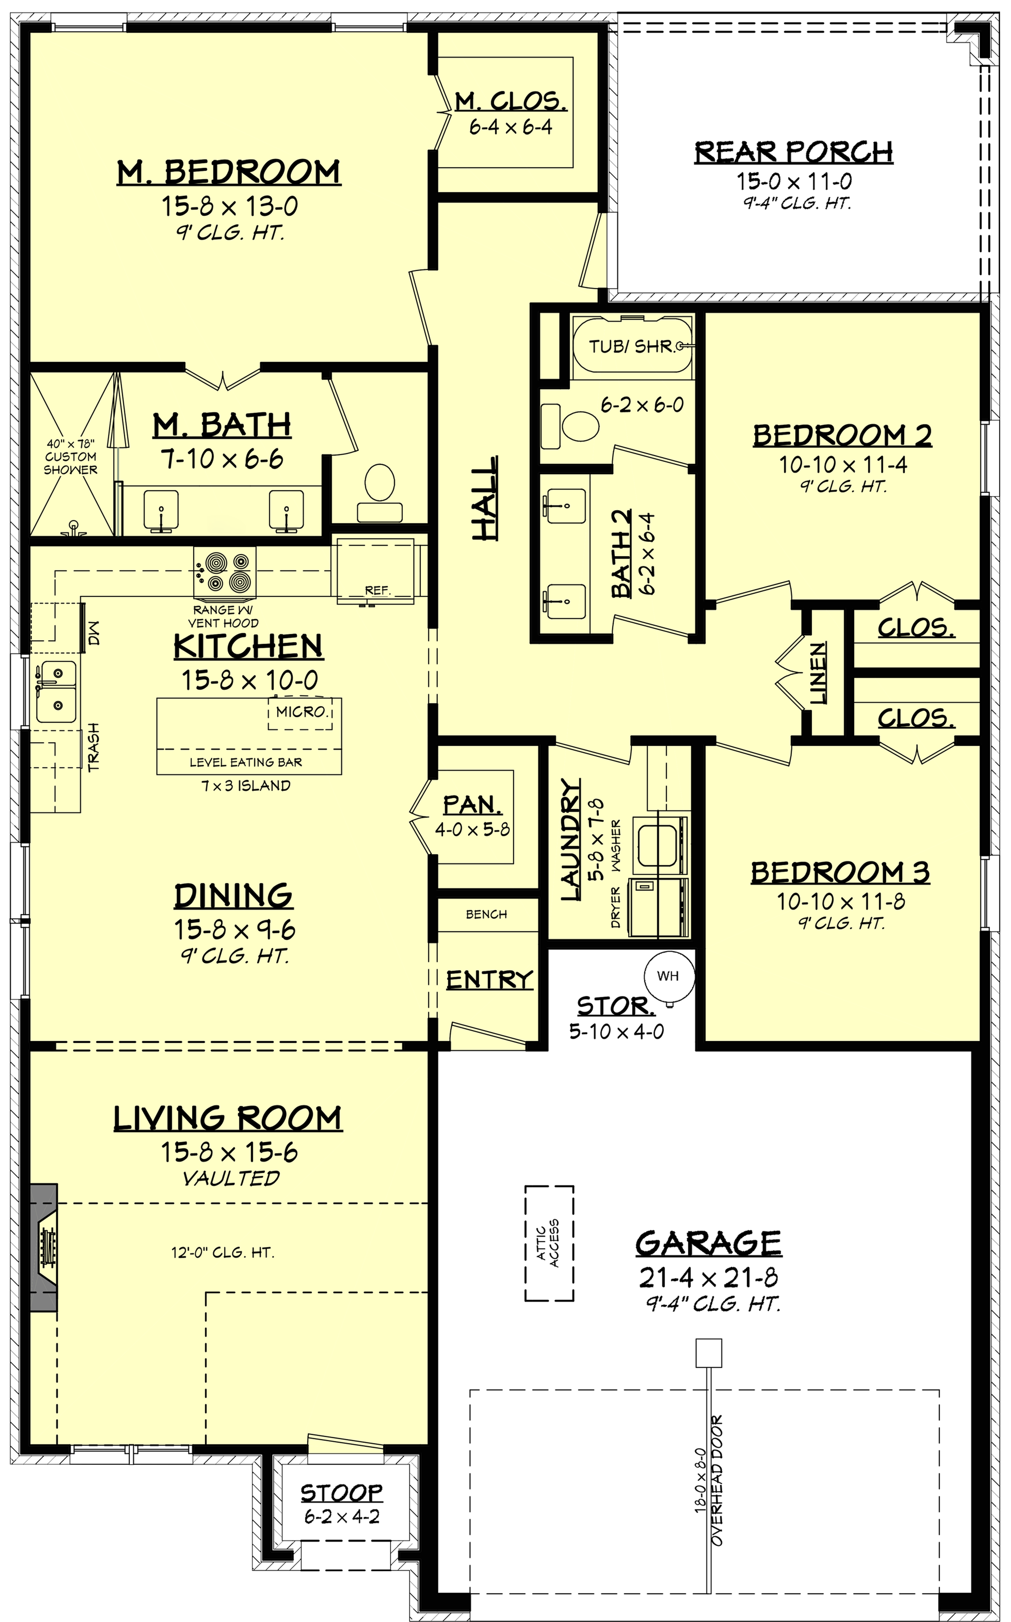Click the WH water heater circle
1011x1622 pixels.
point(668,977)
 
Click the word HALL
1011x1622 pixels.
point(485,498)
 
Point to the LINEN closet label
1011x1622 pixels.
point(819,674)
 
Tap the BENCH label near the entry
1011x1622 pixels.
point(486,914)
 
